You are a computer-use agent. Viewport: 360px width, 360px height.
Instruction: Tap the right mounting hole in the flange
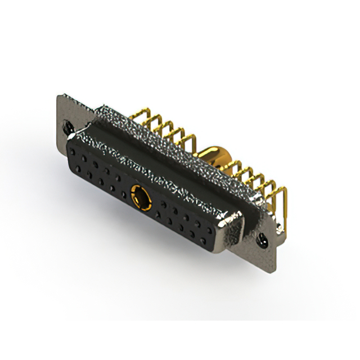click(x=262, y=241)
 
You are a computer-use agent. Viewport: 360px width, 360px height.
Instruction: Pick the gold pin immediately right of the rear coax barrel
click(x=236, y=169)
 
